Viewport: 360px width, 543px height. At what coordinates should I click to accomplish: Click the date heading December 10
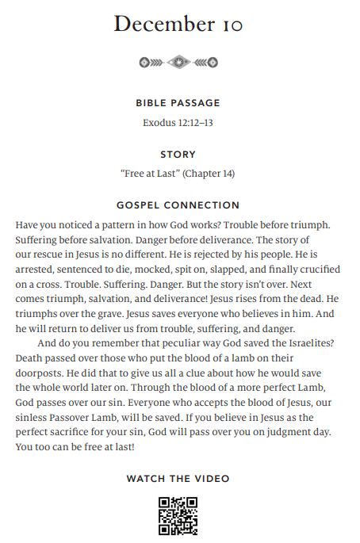click(178, 25)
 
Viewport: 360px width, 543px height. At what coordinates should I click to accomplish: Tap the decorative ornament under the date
click(178, 62)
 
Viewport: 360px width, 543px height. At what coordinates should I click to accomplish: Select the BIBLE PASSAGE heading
click(178, 103)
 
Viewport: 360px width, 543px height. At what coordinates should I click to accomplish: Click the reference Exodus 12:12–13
click(178, 123)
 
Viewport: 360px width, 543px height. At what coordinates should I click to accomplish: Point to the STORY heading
click(178, 155)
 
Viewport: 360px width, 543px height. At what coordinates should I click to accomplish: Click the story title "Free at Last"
click(150, 174)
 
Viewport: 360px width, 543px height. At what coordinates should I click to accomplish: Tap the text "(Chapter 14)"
click(209, 174)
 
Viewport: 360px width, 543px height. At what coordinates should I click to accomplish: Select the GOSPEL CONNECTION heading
click(178, 205)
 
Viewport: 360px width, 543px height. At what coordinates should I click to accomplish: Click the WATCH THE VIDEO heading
click(178, 479)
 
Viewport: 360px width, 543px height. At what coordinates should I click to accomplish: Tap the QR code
click(178, 515)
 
